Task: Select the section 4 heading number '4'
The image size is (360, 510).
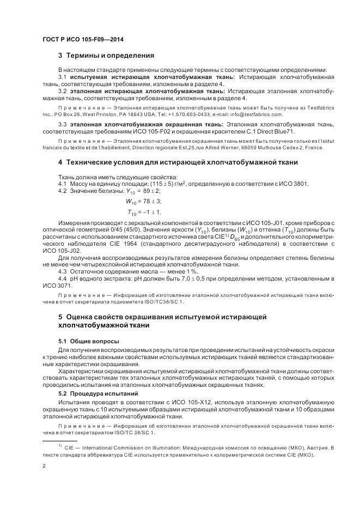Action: tap(60, 163)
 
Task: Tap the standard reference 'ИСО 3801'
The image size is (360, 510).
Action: tap(291, 183)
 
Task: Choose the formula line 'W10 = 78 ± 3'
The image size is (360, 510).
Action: tap(140, 201)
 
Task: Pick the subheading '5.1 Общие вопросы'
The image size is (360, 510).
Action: tap(85, 341)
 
